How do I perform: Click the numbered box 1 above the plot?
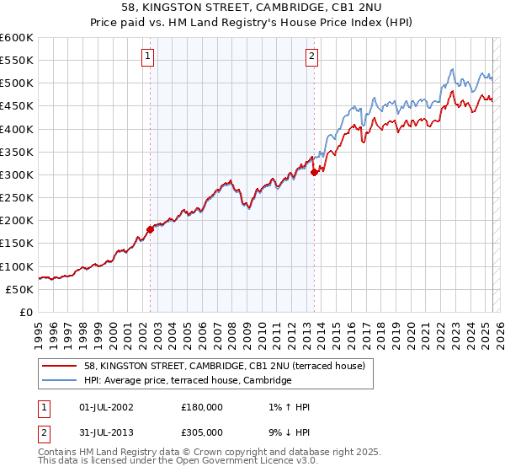click(147, 56)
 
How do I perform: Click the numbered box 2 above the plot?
click(311, 56)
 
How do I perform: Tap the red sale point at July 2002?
click(151, 228)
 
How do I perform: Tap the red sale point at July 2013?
click(314, 172)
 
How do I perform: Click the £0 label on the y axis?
click(27, 312)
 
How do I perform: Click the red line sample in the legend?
click(60, 367)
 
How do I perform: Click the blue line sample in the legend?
click(60, 381)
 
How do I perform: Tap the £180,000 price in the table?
click(202, 407)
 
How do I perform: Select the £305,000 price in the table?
click(202, 432)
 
